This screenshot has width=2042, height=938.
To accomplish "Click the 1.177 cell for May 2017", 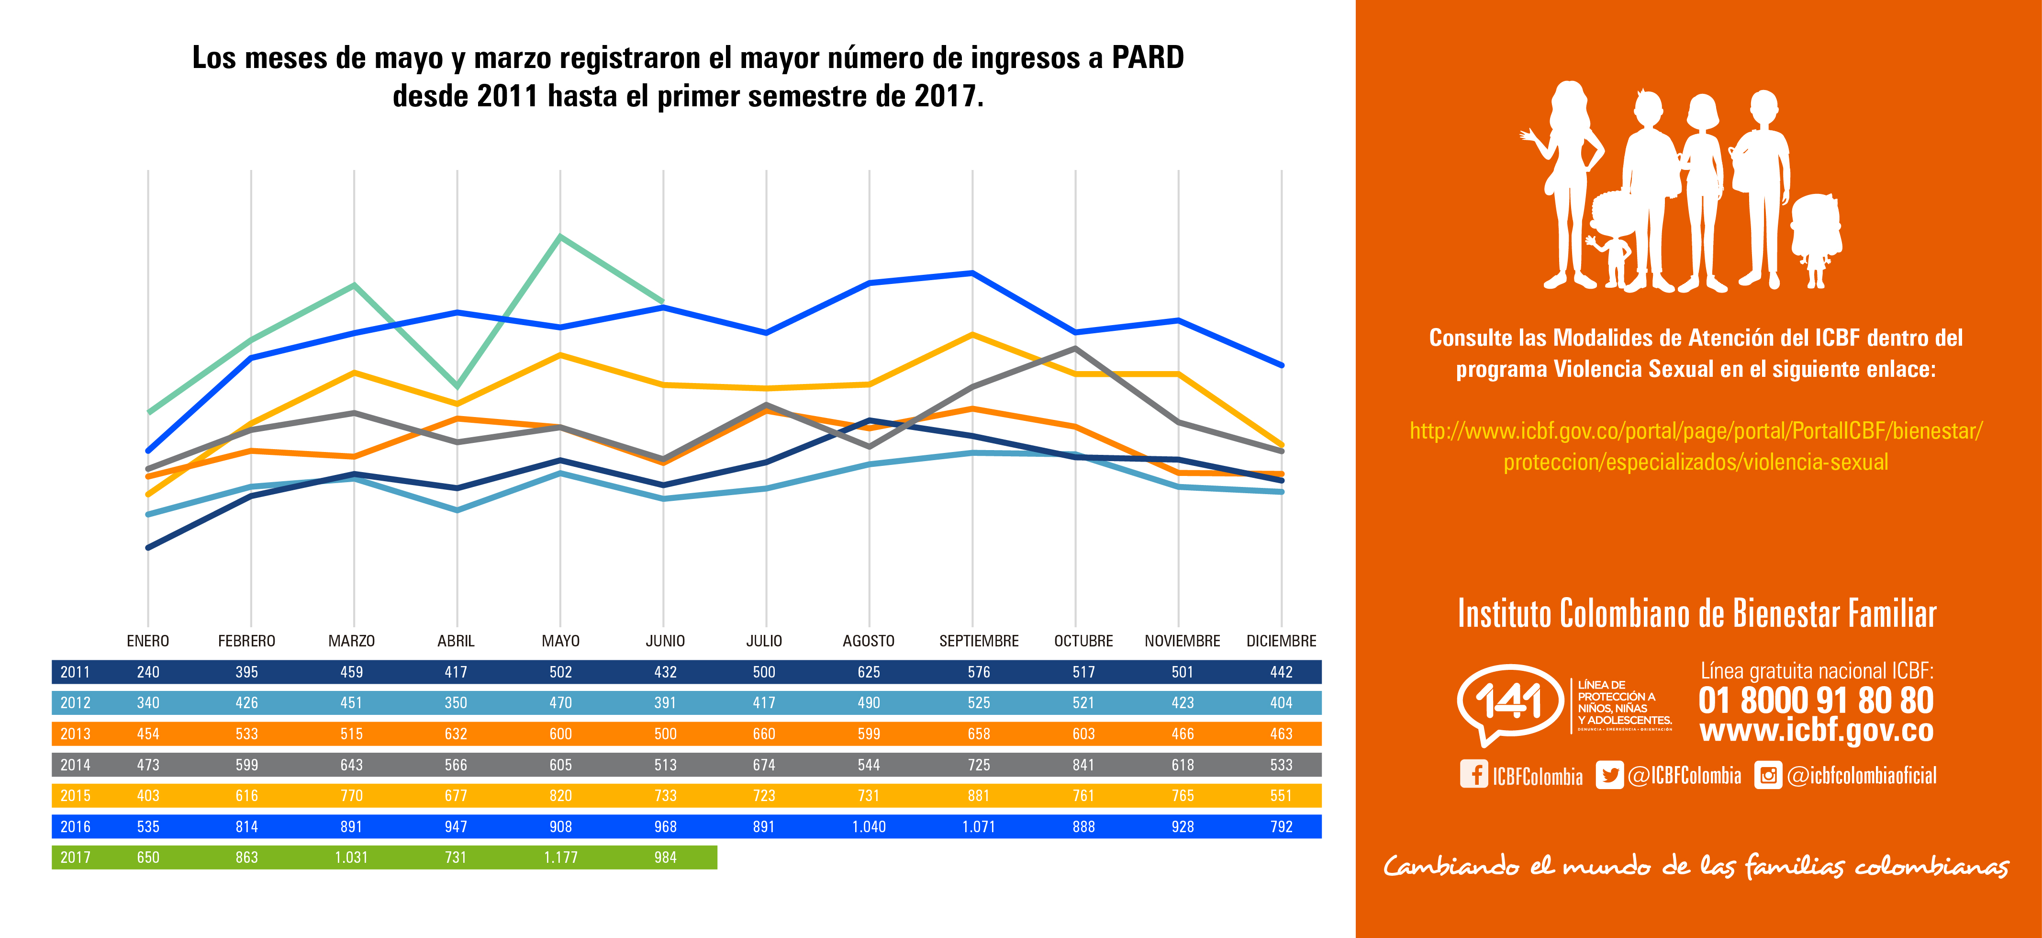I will pos(560,857).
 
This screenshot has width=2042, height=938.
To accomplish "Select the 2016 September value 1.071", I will pos(978,826).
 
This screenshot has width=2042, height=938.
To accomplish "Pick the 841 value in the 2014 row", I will pos(1083,764).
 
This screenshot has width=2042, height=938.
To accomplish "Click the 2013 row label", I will pos(75,734).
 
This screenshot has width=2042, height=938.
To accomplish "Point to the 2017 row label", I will pos(75,857).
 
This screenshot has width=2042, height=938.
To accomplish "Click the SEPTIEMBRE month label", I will pos(978,641).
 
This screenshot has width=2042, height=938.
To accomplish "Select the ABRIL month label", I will pos(456,641).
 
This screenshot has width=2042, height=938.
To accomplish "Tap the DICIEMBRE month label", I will pos(1281,641).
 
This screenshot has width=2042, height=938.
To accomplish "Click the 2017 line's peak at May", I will pos(560,236).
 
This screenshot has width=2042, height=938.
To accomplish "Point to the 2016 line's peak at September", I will pos(972,273).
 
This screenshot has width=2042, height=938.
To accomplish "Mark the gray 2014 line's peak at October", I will pos(1076,348).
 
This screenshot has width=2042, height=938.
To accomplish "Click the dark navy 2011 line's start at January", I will pos(148,547).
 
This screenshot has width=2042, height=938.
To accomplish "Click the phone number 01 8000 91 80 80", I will pos(1815,700).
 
